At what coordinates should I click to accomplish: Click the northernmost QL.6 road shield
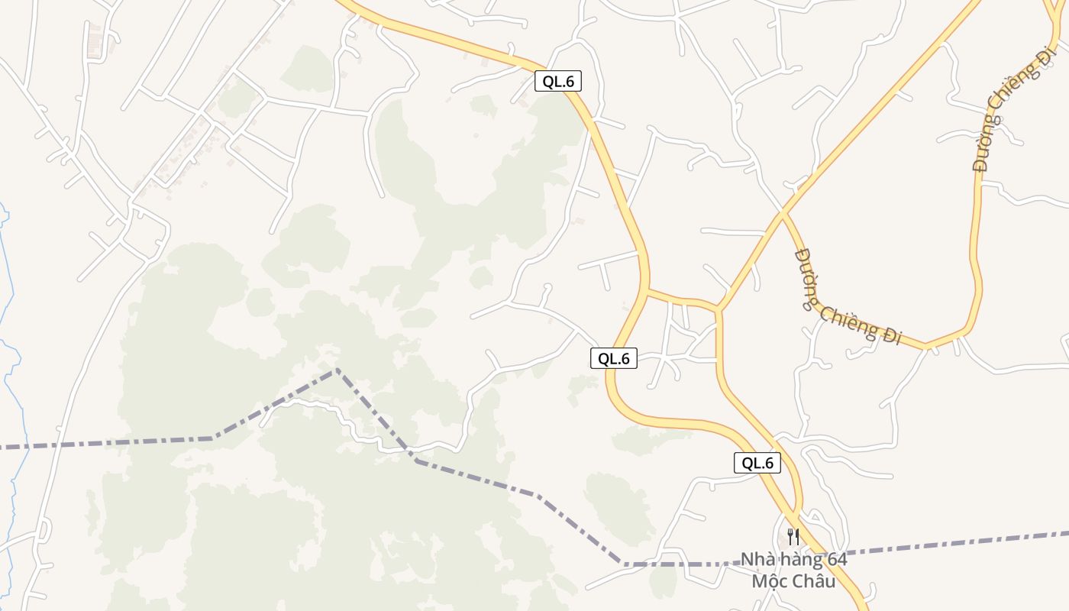click(557, 81)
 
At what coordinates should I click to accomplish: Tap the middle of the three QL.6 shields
click(613, 357)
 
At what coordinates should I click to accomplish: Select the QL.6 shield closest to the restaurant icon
click(757, 462)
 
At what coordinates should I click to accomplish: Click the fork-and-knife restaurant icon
click(793, 536)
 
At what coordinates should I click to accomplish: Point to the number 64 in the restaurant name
click(836, 560)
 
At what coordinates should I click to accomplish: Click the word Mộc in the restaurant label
click(770, 581)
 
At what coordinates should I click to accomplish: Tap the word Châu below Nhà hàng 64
click(814, 581)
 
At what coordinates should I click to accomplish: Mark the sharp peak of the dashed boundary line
click(336, 370)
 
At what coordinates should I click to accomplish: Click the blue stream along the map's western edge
click(8, 305)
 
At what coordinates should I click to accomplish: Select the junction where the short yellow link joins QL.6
click(647, 290)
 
